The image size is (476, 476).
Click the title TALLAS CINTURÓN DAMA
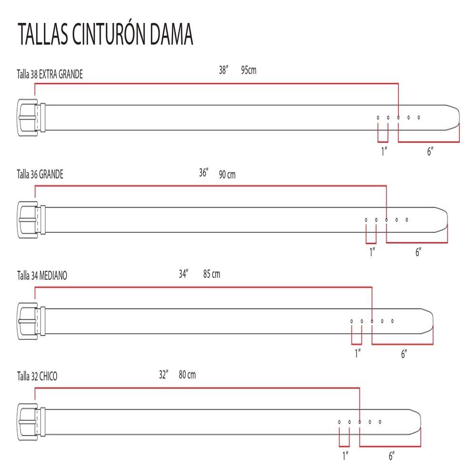coord(105,34)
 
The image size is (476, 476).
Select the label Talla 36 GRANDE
coord(40,174)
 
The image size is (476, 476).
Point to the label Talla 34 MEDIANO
coord(42,275)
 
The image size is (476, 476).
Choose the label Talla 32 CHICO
coord(37,377)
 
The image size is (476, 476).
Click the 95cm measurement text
coord(249,70)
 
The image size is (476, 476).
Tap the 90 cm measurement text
coord(227,175)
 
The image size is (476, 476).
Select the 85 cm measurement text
coord(211,275)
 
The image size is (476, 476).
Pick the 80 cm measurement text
coord(187,375)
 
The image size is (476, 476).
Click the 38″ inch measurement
coord(224,70)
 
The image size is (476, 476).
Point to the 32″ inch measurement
coord(164,375)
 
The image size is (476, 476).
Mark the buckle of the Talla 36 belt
coord(28,219)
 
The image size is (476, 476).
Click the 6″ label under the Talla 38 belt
coord(430,152)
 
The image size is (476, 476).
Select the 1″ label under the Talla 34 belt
coord(357,353)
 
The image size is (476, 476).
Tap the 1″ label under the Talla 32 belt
coord(345,456)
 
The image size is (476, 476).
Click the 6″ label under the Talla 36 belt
coord(418,252)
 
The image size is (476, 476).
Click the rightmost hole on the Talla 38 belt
coord(418,117)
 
